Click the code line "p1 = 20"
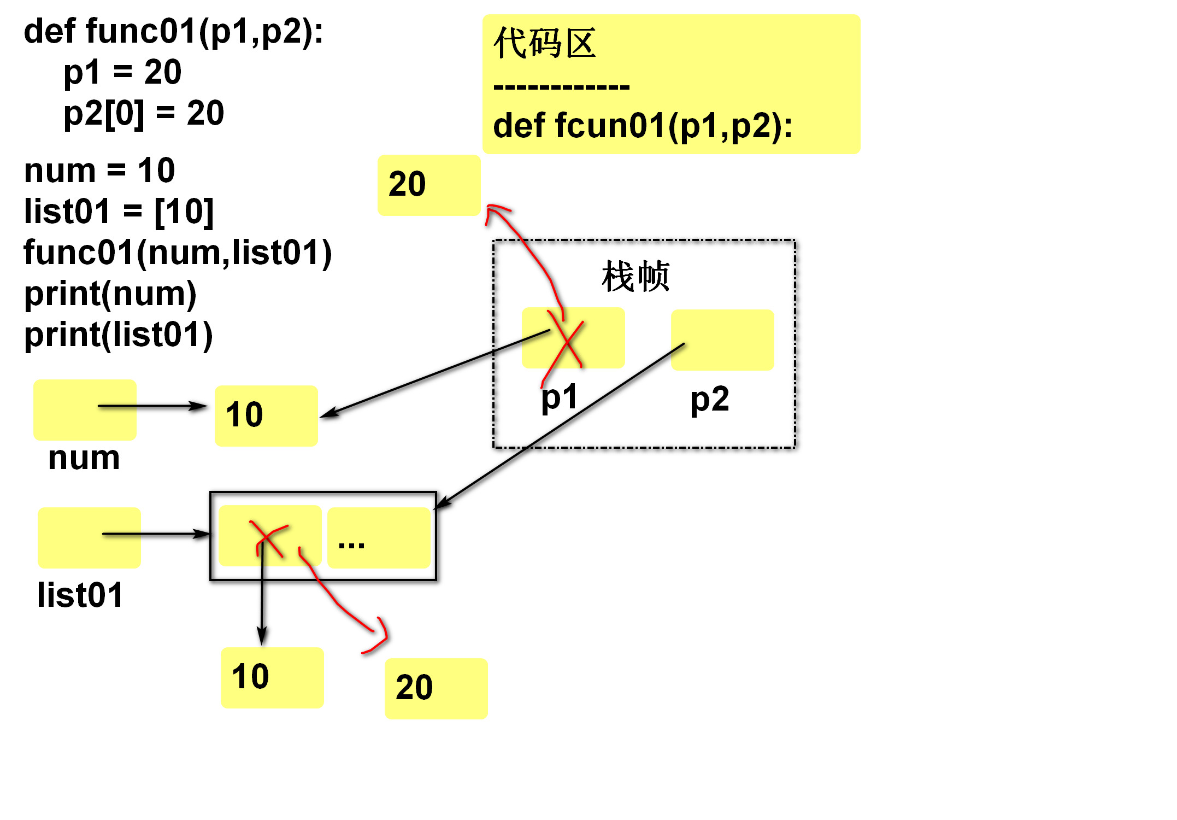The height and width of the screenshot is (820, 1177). [122, 72]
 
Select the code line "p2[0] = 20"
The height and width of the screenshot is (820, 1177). [144, 113]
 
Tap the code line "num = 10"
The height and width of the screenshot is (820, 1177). [99, 171]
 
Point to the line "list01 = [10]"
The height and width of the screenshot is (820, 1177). [119, 212]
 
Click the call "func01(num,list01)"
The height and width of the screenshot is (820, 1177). [178, 253]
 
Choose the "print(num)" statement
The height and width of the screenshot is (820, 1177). [110, 294]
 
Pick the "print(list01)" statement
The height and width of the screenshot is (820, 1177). [118, 335]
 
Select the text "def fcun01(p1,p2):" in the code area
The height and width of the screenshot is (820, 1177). [643, 126]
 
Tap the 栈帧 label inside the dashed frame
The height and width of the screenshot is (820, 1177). [635, 277]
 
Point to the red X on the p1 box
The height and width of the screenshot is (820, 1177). [566, 342]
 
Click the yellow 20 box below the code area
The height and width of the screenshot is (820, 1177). [429, 185]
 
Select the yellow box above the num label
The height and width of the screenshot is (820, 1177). [85, 409]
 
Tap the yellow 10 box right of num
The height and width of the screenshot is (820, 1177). [266, 415]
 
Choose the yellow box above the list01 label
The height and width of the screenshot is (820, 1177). [89, 537]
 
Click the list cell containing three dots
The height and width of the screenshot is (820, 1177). [379, 537]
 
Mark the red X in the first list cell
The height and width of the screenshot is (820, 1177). [268, 538]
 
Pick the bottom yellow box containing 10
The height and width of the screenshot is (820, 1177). [272, 677]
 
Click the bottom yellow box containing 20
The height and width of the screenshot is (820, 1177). [436, 688]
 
